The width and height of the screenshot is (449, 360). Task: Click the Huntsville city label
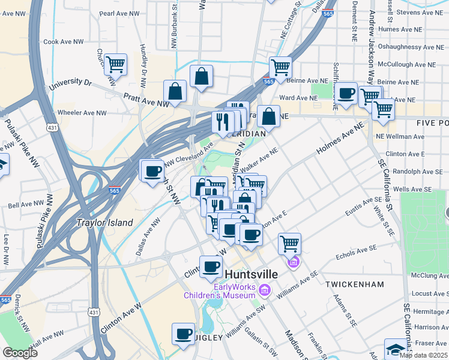point(252,274)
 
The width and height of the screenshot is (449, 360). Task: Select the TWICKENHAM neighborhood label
point(353,282)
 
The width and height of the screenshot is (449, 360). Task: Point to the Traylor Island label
point(104,223)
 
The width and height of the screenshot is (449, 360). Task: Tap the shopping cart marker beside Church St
point(115,64)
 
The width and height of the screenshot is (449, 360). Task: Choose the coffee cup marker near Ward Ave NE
point(346,94)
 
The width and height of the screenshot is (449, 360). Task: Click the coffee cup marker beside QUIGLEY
point(184,334)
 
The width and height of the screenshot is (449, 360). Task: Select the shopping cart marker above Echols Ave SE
point(289,243)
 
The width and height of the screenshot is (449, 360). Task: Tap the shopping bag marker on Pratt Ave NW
point(175,92)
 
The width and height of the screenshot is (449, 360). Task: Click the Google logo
point(20,353)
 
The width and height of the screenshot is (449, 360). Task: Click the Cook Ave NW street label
point(64,42)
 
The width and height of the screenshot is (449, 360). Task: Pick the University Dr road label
point(70,85)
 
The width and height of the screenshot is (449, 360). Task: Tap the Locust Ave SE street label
point(430,294)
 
